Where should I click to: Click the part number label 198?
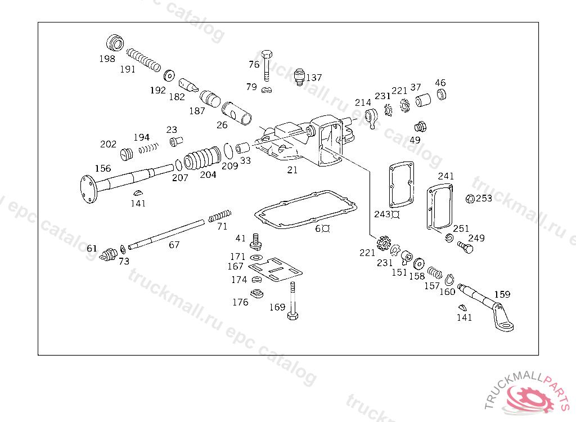point(107,59)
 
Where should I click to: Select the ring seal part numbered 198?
point(115,43)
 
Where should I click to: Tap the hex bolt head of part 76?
point(267,55)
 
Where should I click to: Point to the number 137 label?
point(314,78)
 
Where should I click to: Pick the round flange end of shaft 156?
point(88,189)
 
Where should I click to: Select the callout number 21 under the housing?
point(292,170)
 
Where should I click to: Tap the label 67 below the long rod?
point(174,244)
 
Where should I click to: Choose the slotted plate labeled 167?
point(276,270)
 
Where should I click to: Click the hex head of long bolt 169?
point(292,316)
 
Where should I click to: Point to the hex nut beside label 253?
point(470,199)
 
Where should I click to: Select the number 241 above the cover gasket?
point(446,176)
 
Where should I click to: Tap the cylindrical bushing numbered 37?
point(423,100)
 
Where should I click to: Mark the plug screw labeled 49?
point(420,127)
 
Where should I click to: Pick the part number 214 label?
point(363,102)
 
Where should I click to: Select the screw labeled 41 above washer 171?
point(256,240)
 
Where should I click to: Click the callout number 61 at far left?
point(92,249)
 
